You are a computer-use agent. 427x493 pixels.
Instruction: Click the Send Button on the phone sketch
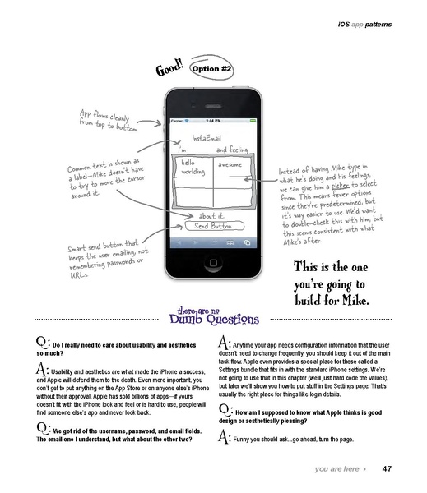click(x=208, y=225)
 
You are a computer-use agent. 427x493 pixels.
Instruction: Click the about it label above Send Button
click(x=212, y=214)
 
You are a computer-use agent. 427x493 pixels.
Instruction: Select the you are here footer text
click(x=335, y=469)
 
